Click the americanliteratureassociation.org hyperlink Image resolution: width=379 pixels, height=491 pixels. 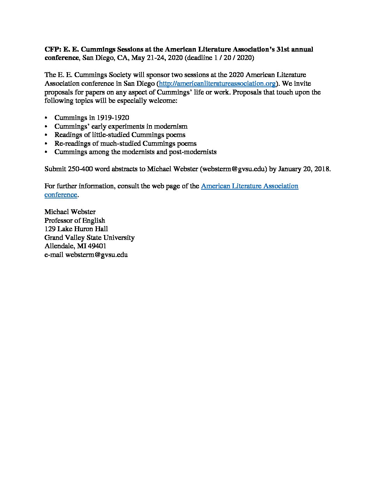217,84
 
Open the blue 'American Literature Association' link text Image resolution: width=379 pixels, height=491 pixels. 249,186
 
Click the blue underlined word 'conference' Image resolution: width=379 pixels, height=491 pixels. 61,195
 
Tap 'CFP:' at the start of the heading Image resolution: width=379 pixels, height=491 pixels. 53,49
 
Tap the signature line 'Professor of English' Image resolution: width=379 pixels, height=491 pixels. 75,220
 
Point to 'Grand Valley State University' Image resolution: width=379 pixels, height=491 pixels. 89,237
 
